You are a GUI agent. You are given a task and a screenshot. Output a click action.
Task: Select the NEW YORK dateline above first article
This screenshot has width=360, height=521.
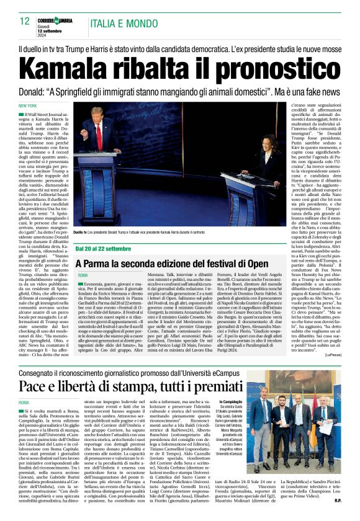coord(28,105)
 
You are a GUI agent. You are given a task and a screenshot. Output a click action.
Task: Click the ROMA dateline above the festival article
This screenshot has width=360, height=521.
coord(83,275)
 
